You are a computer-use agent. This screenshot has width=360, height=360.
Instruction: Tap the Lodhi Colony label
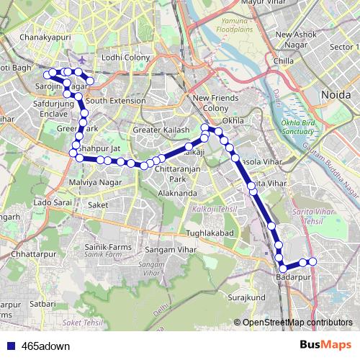click(x=125, y=58)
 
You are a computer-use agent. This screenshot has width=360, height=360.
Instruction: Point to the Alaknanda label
click(x=178, y=194)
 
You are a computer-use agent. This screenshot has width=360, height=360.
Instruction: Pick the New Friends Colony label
click(x=211, y=103)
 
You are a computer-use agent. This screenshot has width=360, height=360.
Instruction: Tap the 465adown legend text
click(x=46, y=346)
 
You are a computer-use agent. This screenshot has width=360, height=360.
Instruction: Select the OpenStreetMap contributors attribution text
click(x=297, y=322)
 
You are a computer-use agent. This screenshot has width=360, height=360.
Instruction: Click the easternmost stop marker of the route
click(x=312, y=261)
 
